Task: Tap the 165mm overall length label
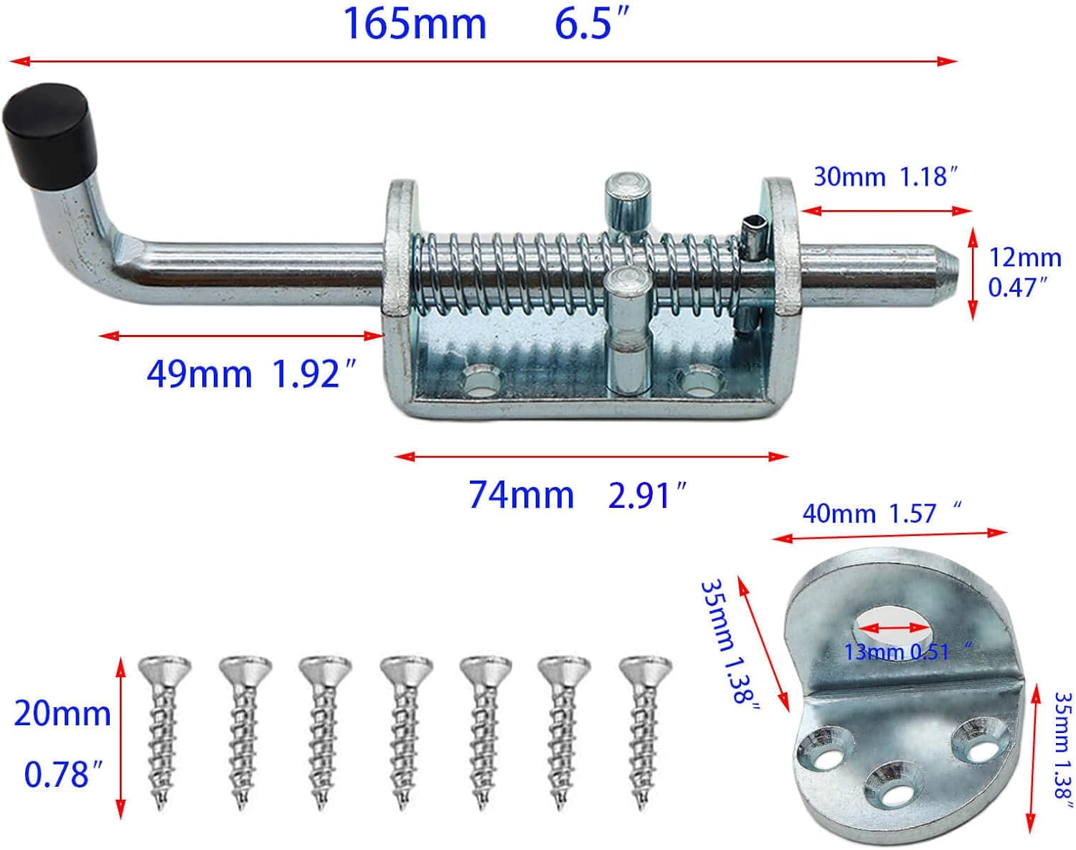coord(415,23)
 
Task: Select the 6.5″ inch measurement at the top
coord(593,23)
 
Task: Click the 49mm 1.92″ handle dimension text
coord(251,374)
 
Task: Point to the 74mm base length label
coord(522,495)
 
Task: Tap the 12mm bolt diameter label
coord(1024,258)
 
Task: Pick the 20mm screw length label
coord(62,714)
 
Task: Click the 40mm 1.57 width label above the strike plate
coord(881,514)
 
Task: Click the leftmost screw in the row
coord(165,732)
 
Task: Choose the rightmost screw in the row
coord(645,732)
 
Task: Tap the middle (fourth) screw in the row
coord(406,732)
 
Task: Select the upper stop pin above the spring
coord(627,201)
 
